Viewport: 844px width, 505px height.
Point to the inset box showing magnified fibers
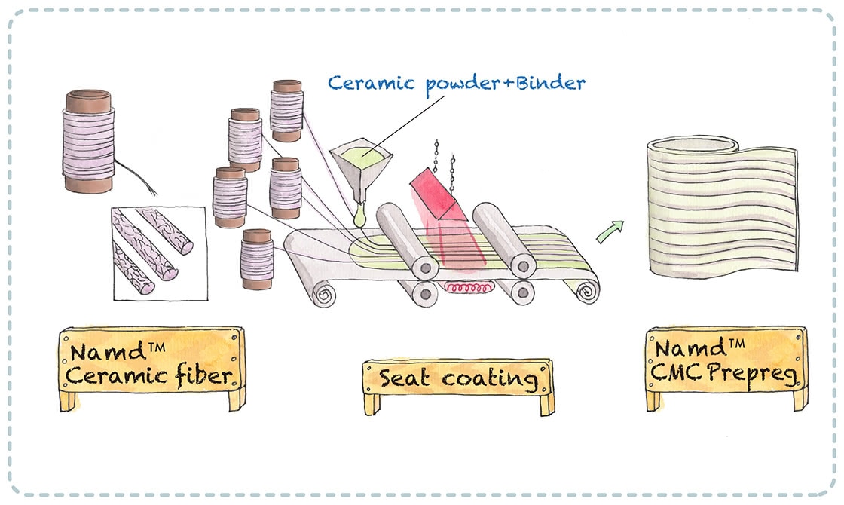158,250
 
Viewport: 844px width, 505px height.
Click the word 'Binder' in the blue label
547,82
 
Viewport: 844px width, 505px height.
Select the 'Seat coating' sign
458,378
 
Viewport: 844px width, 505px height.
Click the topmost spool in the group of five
286,111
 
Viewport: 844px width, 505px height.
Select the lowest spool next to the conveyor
257,259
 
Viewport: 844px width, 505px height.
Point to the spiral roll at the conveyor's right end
585,289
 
